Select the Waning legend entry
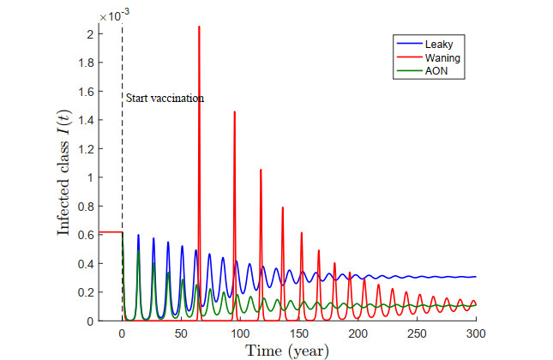tap(433, 56)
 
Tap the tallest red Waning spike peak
tap(199, 27)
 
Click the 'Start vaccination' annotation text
tap(165, 99)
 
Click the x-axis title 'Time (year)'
tap(298, 351)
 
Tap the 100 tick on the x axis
tap(240, 333)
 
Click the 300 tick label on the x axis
tap(476, 333)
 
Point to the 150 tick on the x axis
tap(299, 333)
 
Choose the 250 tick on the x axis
tap(417, 333)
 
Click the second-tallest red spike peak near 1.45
tap(234, 112)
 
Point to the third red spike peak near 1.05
tap(261, 170)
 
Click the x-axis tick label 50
tap(181, 333)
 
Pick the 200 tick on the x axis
tap(358, 333)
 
